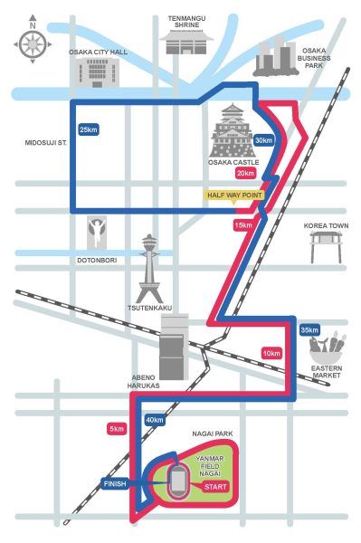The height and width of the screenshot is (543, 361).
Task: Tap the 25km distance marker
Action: pos(89,130)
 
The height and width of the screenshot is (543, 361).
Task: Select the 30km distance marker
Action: pos(264,140)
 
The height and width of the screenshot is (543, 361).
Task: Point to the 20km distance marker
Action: pos(245,173)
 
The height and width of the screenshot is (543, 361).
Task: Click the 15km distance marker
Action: pos(242,224)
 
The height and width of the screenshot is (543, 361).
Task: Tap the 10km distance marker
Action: pos(271,352)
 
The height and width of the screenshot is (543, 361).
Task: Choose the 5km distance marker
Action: pos(116,428)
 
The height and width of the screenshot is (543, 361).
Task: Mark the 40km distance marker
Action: pos(155,420)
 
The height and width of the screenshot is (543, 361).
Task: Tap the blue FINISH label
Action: pos(115,484)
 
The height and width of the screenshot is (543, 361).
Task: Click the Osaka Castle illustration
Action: pos(234,132)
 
